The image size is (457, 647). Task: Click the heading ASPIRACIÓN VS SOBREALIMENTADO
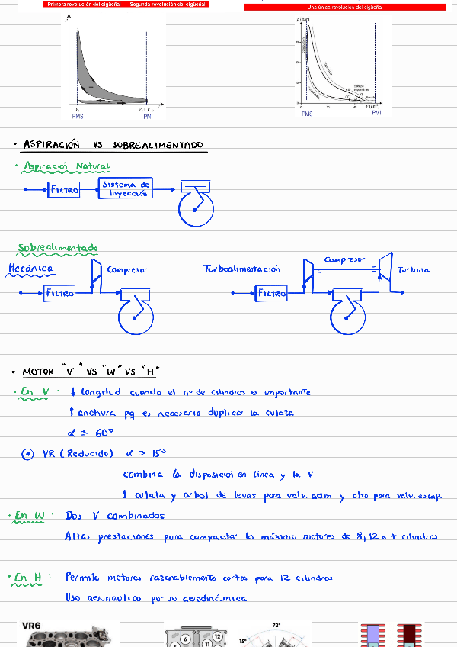click(113, 144)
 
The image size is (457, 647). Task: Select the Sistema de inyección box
click(126, 188)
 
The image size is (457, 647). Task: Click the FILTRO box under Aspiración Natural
click(64, 190)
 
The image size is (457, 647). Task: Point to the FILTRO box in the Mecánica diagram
click(60, 293)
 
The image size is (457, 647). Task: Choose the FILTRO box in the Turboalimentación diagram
click(272, 293)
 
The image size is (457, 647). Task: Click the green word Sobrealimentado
click(58, 248)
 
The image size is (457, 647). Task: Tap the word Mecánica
click(30, 269)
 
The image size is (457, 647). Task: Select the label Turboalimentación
click(241, 269)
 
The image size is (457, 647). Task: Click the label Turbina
click(414, 269)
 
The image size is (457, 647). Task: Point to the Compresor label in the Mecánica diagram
click(127, 269)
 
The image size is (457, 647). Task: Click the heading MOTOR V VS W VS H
click(91, 372)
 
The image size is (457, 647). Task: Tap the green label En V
click(36, 392)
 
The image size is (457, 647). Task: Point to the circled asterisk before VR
click(27, 454)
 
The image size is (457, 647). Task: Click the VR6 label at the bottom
click(32, 626)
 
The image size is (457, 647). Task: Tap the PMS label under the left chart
click(78, 116)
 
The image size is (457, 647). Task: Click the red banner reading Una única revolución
click(344, 7)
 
